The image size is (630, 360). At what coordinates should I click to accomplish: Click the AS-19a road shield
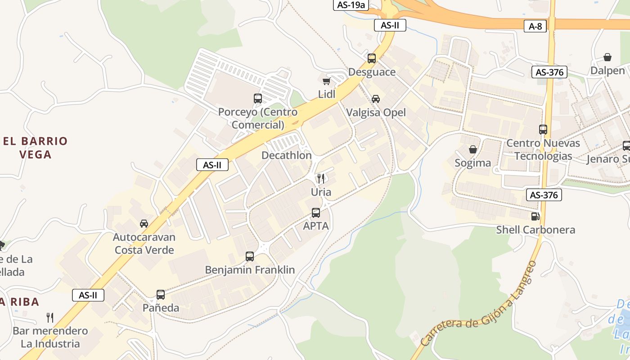pyautogui.click(x=351, y=5)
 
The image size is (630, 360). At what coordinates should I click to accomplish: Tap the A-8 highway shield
pyautogui.click(x=535, y=26)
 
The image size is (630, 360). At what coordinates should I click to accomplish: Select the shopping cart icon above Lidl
pyautogui.click(x=326, y=81)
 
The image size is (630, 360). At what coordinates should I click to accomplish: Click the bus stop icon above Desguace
pyautogui.click(x=371, y=58)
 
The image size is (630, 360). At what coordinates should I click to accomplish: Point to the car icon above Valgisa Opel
pyautogui.click(x=375, y=99)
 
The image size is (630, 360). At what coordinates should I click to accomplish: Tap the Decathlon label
pyautogui.click(x=287, y=156)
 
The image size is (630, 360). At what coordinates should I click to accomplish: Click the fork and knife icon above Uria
pyautogui.click(x=320, y=178)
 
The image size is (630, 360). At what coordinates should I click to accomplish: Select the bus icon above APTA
pyautogui.click(x=316, y=212)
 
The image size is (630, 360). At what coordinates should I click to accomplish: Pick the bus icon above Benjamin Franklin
pyautogui.click(x=250, y=256)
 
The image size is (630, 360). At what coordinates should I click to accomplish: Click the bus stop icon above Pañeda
pyautogui.click(x=161, y=295)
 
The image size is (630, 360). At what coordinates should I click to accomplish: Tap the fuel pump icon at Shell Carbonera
pyautogui.click(x=535, y=216)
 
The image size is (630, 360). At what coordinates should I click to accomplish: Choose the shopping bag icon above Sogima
pyautogui.click(x=472, y=149)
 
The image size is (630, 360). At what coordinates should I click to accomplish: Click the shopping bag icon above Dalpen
pyautogui.click(x=607, y=57)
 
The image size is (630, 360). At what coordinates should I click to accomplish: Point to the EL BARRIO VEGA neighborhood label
pyautogui.click(x=35, y=148)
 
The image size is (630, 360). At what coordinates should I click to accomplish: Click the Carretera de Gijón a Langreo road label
pyautogui.click(x=480, y=306)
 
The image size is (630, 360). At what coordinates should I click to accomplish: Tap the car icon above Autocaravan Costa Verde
pyautogui.click(x=144, y=223)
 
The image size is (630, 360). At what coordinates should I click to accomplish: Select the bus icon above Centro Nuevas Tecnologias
pyautogui.click(x=543, y=130)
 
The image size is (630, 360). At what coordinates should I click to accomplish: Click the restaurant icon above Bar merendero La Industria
pyautogui.click(x=50, y=318)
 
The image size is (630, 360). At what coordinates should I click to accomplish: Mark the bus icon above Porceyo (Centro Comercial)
pyautogui.click(x=257, y=98)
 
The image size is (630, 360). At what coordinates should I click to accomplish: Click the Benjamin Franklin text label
pyautogui.click(x=250, y=270)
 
